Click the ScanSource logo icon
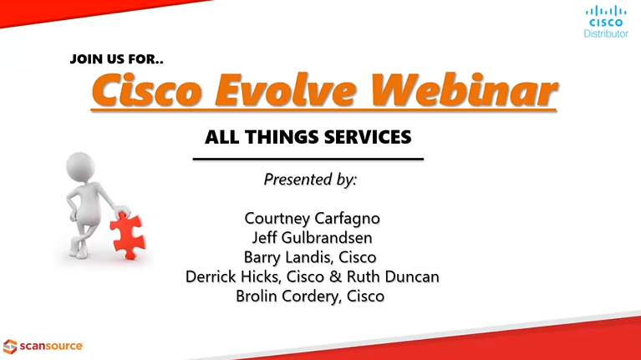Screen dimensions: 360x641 9,345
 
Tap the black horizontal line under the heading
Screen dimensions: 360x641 308,159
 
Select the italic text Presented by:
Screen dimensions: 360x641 310,179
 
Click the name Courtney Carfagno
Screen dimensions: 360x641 312,218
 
